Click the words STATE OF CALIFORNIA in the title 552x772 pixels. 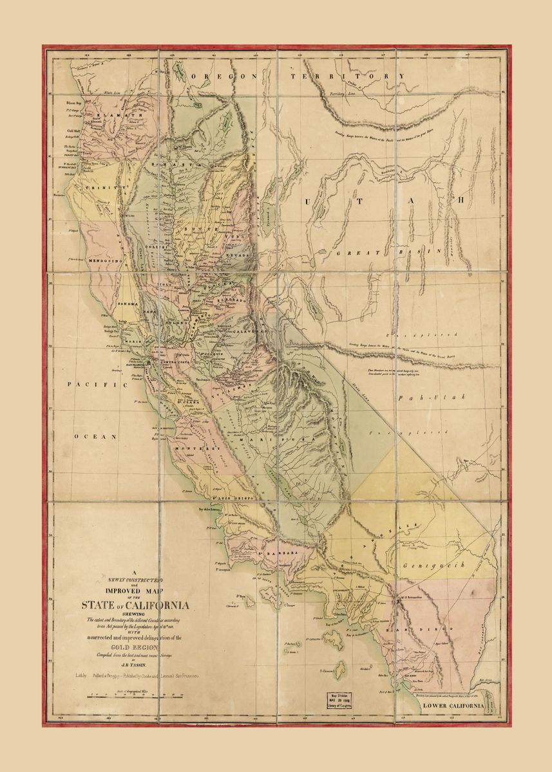coord(135,605)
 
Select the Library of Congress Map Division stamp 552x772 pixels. coord(342,701)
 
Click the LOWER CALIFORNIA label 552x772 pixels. coord(453,706)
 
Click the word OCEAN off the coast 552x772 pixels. coord(95,436)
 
